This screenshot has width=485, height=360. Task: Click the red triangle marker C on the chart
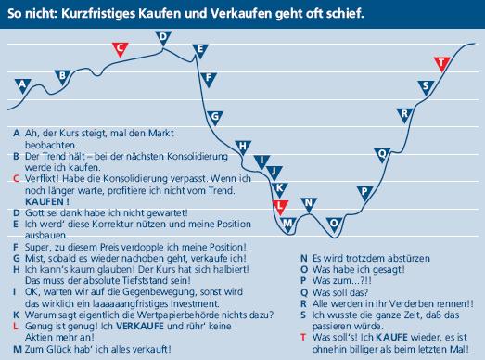click(118, 48)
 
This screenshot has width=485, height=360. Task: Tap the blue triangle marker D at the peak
click(162, 37)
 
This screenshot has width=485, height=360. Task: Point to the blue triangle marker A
click(22, 84)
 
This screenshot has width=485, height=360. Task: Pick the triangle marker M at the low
click(289, 224)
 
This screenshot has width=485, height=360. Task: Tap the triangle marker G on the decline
click(214, 117)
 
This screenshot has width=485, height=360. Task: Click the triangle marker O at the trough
click(335, 224)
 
